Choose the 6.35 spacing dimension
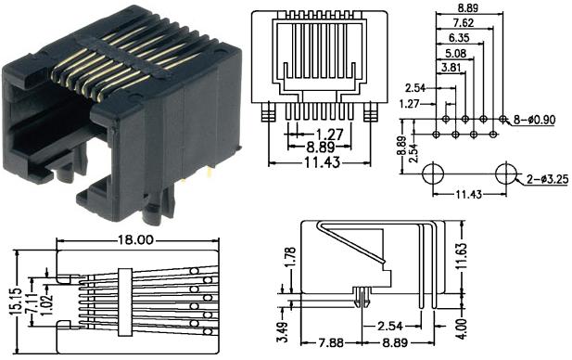[456, 38]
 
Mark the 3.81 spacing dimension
[443, 67]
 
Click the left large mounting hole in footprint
[433, 174]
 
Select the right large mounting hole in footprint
[506, 174]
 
